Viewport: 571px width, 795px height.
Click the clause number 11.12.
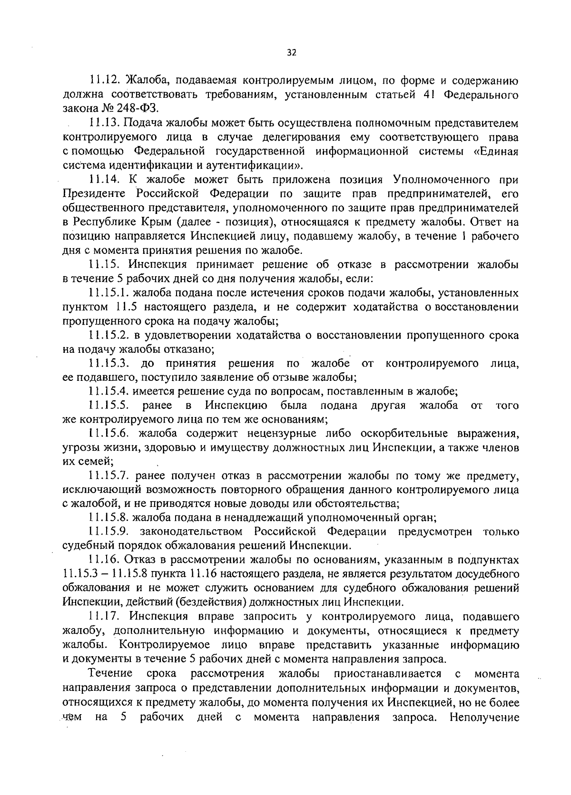click(104, 81)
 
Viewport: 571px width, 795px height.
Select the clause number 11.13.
click(104, 123)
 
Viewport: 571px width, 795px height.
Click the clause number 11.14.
click(104, 180)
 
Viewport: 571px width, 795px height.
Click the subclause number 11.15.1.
click(109, 293)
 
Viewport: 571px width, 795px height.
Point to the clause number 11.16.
click(104, 560)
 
